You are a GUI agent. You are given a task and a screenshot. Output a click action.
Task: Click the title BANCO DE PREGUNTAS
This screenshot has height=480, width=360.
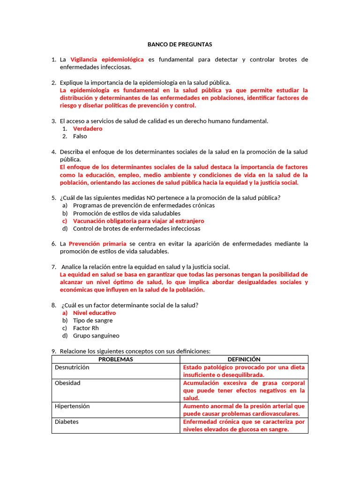click(180, 45)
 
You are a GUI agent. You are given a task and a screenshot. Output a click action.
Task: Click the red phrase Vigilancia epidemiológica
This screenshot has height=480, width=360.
click(107, 60)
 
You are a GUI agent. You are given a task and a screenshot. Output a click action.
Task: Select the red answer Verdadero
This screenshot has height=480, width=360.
click(88, 128)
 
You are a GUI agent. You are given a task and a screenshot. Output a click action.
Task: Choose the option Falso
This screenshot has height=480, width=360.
click(80, 136)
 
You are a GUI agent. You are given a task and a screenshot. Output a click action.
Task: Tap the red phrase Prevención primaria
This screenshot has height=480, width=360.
click(97, 244)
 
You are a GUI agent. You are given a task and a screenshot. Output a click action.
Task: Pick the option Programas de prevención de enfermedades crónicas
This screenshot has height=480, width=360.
click(144, 205)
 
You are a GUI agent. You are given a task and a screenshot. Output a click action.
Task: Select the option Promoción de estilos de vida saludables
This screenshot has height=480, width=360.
click(127, 213)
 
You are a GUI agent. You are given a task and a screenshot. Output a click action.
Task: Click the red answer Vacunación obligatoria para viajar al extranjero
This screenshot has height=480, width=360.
click(138, 221)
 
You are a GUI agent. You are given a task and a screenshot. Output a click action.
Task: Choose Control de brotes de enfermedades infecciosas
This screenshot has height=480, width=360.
click(136, 229)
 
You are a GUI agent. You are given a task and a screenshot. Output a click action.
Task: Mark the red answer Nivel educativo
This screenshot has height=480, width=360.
click(94, 313)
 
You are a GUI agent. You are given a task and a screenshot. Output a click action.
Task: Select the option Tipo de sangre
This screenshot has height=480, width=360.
click(93, 321)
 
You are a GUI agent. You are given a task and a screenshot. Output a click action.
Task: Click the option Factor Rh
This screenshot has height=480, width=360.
click(86, 328)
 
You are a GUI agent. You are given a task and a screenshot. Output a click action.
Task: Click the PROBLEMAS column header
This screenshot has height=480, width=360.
click(116, 359)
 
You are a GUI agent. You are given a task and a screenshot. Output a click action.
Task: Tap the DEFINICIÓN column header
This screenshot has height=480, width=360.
click(244, 359)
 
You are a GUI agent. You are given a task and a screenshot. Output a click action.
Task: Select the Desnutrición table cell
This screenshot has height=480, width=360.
click(72, 367)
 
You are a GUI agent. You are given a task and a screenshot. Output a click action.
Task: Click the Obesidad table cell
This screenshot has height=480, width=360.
click(67, 383)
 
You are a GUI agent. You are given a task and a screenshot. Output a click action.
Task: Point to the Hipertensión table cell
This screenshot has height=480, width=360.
click(72, 406)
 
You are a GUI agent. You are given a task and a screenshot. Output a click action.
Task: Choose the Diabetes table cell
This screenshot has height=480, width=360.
click(67, 422)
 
